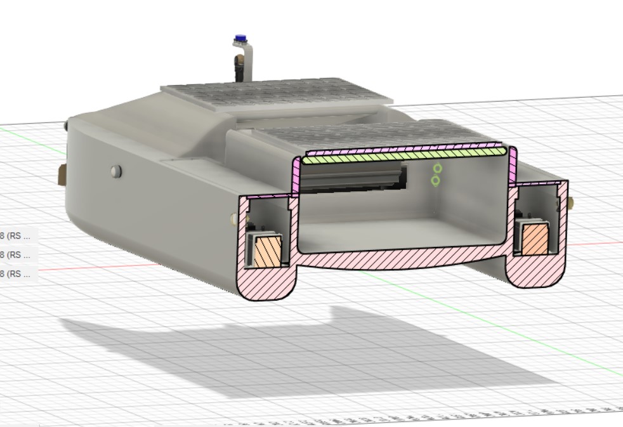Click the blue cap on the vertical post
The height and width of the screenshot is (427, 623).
pyautogui.click(x=240, y=39)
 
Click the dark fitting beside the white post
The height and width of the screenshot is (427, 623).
pyautogui.click(x=239, y=64)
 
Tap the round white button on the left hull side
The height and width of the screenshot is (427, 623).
pyautogui.click(x=115, y=171)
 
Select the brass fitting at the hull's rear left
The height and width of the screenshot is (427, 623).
pyautogui.click(x=62, y=175)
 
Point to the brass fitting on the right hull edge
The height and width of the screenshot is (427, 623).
pyautogui.click(x=571, y=202)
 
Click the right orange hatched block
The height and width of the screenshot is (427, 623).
pyautogui.click(x=534, y=239)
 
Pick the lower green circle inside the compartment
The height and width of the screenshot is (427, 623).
pyautogui.click(x=435, y=181)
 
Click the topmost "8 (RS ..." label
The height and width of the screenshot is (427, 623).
pyautogui.click(x=17, y=235)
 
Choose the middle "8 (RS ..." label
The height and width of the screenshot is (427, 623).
pyautogui.click(x=17, y=254)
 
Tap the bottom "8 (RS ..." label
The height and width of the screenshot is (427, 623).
pyautogui.click(x=17, y=273)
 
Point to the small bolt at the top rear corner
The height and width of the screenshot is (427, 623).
pyautogui.click(x=67, y=126)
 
